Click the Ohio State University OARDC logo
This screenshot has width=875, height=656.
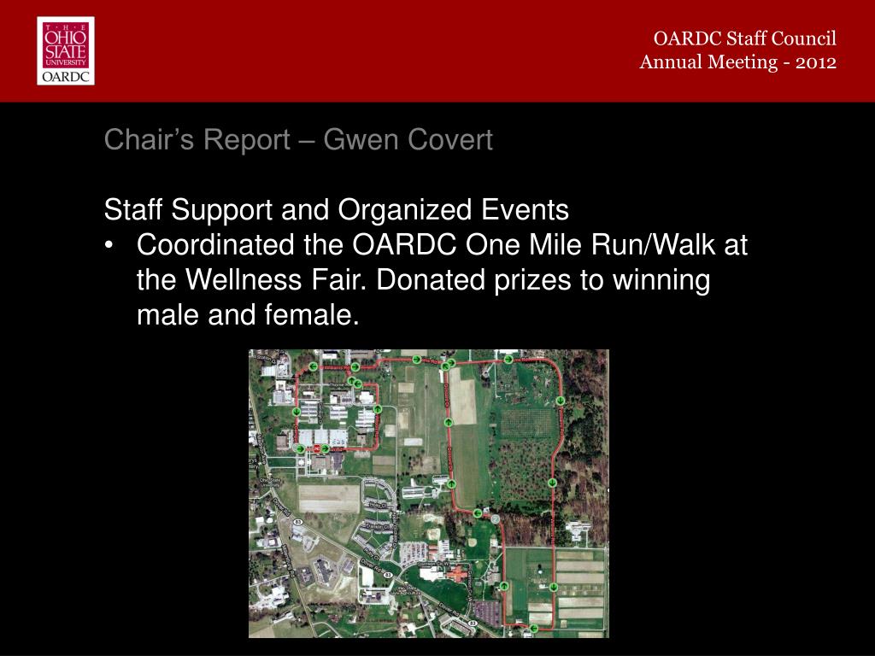(66, 51)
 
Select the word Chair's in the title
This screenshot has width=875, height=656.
(138, 139)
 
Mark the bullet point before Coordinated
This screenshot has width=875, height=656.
(110, 246)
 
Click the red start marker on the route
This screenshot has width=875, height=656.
(317, 448)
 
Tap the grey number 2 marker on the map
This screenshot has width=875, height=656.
(495, 518)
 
